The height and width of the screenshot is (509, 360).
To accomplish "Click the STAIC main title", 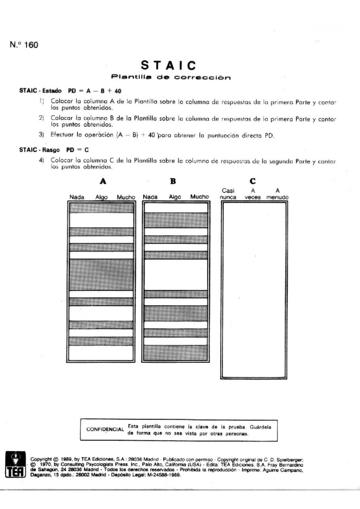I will [x=169, y=65].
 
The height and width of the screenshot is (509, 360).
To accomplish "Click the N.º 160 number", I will [x=24, y=45].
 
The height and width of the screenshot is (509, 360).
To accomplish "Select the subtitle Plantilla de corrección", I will [x=171, y=77].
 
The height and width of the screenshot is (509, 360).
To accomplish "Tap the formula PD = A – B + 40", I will [x=94, y=91].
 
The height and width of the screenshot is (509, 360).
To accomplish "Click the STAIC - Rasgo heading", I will [x=39, y=150].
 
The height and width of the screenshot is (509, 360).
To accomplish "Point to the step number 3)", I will [x=41, y=135].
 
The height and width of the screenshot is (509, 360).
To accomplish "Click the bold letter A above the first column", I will [x=103, y=181].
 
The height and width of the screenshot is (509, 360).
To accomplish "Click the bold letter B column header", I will [x=173, y=181].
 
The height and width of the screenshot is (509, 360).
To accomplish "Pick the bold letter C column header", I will [x=253, y=181].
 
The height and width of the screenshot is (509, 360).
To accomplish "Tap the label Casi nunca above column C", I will [x=228, y=194].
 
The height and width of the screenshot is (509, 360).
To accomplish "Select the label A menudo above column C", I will [x=277, y=194].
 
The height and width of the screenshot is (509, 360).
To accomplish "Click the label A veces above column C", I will [x=253, y=194].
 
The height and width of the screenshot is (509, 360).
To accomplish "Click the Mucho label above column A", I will [x=126, y=197].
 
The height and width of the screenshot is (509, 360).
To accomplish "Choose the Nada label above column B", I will [x=150, y=197].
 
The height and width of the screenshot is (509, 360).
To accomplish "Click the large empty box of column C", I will [x=253, y=290].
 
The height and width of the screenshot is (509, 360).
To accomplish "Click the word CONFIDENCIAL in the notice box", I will [x=105, y=429].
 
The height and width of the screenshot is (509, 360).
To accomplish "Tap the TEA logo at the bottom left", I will [x=15, y=464].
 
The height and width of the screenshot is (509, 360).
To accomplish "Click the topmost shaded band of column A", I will [x=101, y=208].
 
